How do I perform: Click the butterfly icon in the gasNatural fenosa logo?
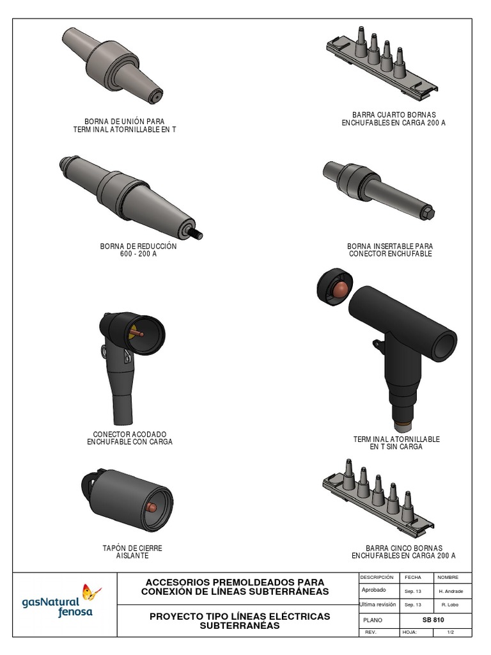pyautogui.click(x=91, y=592)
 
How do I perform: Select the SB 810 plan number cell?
pyautogui.click(x=433, y=620)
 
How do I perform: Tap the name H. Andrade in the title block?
pyautogui.click(x=451, y=592)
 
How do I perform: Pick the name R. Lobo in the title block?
pyautogui.click(x=450, y=604)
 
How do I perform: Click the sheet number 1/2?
pyautogui.click(x=451, y=632)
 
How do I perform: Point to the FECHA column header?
pyautogui.click(x=413, y=578)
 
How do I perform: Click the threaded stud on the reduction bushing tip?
pyautogui.click(x=196, y=233)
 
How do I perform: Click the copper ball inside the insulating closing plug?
pyautogui.click(x=152, y=508)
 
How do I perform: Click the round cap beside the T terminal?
pyautogui.click(x=335, y=287)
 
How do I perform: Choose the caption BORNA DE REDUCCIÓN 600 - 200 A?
pyautogui.click(x=138, y=250)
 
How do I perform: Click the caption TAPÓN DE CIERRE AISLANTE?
pyautogui.click(x=132, y=551)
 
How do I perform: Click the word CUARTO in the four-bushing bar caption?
pyautogui.click(x=391, y=115)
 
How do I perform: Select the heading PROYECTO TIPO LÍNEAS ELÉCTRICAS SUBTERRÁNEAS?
pyautogui.click(x=240, y=620)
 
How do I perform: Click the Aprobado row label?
pyautogui.click(x=373, y=590)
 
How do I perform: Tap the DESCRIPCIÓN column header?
pyautogui.click(x=377, y=578)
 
